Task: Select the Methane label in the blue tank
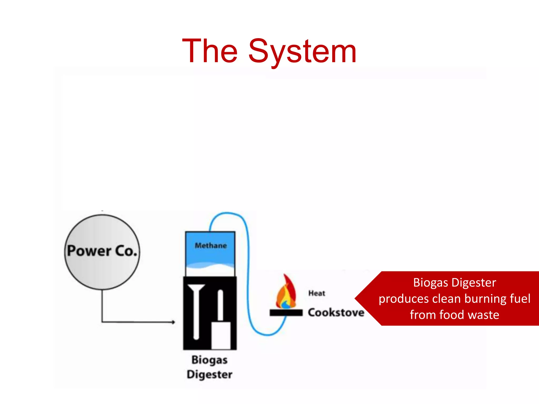[211, 245]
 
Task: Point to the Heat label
[317, 293]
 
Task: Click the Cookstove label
[336, 312]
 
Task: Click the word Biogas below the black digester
[209, 360]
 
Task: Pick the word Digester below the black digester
[209, 374]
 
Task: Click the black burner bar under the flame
[286, 313]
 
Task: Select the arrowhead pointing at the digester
[173, 322]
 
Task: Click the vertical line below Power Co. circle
[102, 305]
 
